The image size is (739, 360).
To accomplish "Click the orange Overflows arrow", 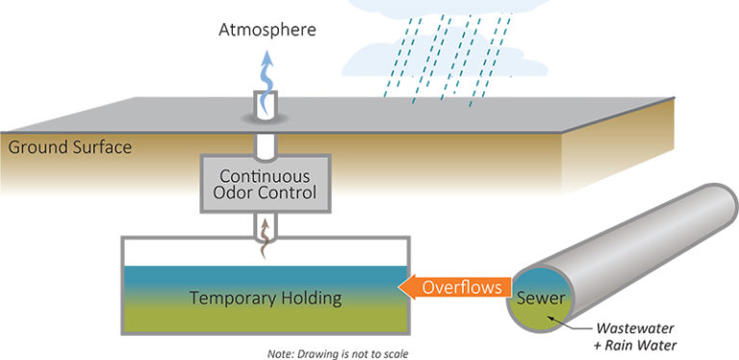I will [x=451, y=287].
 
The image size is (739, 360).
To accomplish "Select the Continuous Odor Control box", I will [x=263, y=184].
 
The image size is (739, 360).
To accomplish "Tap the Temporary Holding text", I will [x=265, y=297].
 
